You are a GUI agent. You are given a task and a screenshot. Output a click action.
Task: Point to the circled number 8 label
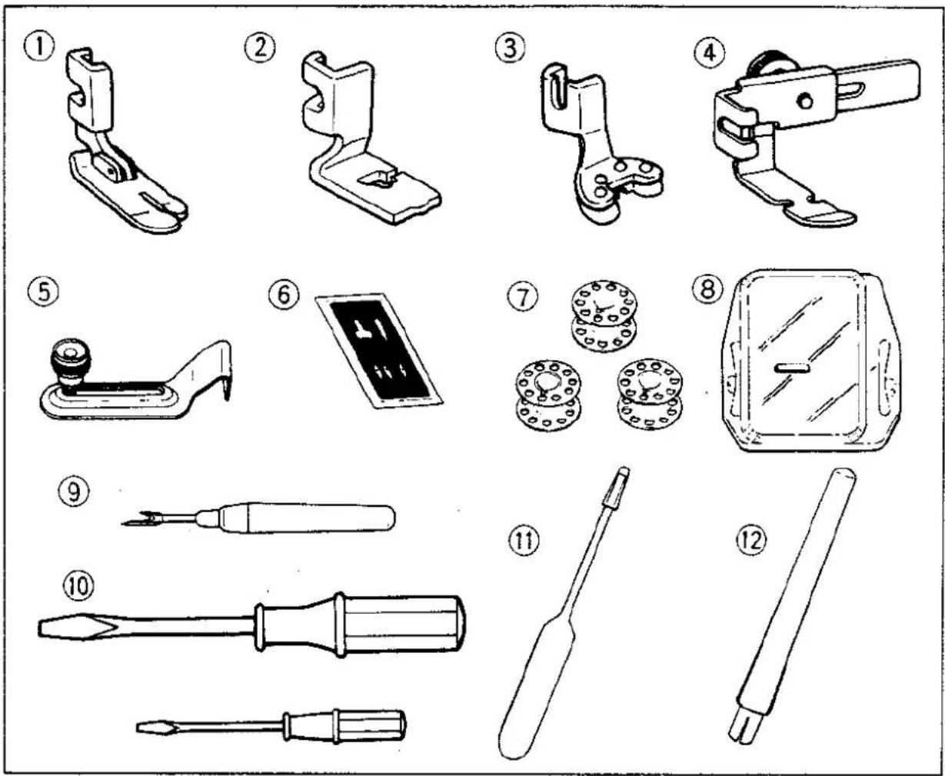[707, 288]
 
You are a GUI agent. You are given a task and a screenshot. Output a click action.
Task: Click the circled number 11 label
[524, 541]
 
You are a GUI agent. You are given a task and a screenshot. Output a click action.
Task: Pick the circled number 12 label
[752, 541]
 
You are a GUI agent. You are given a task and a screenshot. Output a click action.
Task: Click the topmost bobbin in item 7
[604, 316]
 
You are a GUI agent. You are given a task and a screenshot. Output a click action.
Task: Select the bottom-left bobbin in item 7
[548, 394]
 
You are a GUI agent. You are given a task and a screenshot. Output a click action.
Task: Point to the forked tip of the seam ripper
[140, 518]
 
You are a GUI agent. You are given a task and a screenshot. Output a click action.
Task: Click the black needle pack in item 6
[379, 351]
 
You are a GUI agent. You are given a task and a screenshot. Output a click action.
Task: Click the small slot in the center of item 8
[792, 368]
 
